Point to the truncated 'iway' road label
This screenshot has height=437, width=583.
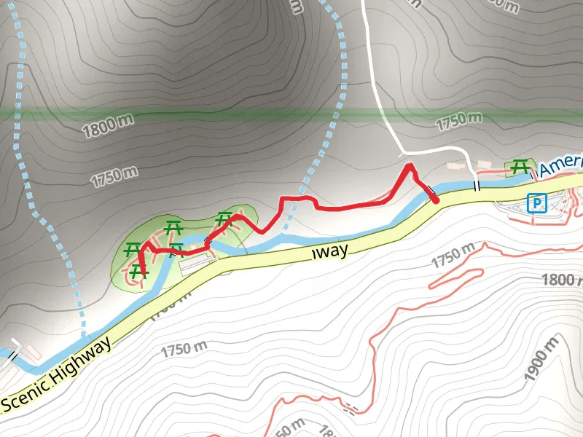(x=331, y=251)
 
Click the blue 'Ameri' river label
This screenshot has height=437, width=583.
(x=561, y=165)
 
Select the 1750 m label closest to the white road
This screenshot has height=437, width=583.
(x=458, y=121)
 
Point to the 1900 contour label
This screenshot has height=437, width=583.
(x=540, y=358)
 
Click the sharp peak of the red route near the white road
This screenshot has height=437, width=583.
(x=409, y=167)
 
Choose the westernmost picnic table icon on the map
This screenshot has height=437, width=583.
(x=132, y=248)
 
